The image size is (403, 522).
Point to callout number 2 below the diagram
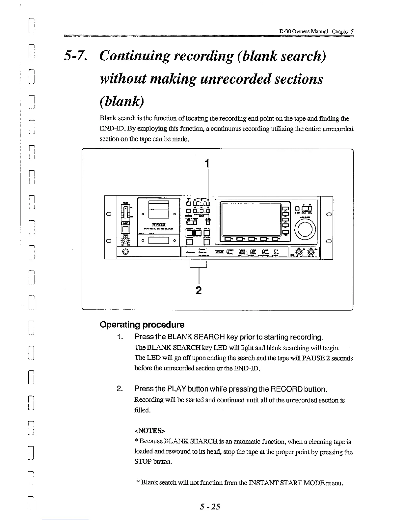[x=198, y=290]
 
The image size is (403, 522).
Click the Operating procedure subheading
[x=142, y=325]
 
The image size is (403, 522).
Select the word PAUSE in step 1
[x=318, y=358]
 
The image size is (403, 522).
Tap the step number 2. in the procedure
[x=120, y=389]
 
